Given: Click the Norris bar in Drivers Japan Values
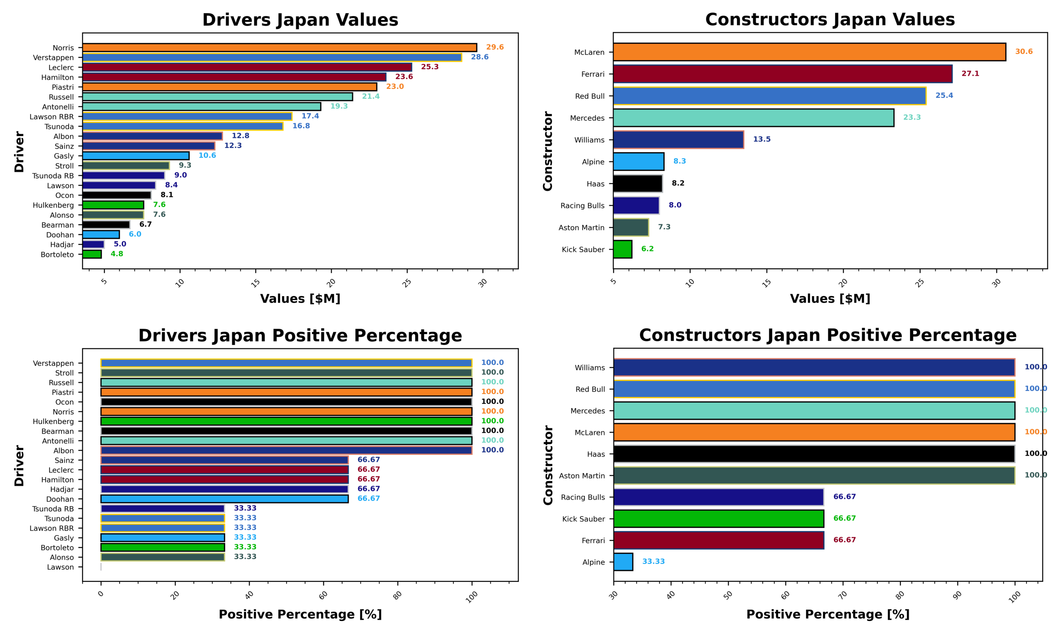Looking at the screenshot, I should [x=279, y=47].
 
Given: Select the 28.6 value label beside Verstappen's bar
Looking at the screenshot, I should [x=479, y=57].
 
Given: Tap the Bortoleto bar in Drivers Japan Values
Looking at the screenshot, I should [x=92, y=254].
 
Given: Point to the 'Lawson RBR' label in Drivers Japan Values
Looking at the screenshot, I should [x=51, y=117].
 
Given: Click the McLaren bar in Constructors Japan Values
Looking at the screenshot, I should [x=809, y=52].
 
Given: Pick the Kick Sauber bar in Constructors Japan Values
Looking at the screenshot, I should [x=622, y=249].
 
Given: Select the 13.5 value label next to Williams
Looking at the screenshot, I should [x=761, y=139].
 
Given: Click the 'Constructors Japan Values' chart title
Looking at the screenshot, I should [x=830, y=20].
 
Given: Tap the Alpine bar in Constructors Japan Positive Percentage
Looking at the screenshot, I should [x=623, y=561].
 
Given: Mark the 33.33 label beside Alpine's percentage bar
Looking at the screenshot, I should [x=653, y=561].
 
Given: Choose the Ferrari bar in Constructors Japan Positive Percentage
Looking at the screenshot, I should [x=718, y=540].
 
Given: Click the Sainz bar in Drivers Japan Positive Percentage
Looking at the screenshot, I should [x=224, y=460].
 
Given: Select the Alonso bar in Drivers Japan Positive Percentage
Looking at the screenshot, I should [x=163, y=557].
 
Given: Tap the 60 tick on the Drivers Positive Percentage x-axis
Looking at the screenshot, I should [x=323, y=595].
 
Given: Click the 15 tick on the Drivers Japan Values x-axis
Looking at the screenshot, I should [x=255, y=283].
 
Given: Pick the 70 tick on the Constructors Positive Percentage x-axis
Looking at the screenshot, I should [x=843, y=595].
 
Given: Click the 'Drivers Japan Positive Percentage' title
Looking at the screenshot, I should [x=300, y=335].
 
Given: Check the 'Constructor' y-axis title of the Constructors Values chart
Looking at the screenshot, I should [x=547, y=151].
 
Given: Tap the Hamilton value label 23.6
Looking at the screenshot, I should [x=403, y=77].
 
